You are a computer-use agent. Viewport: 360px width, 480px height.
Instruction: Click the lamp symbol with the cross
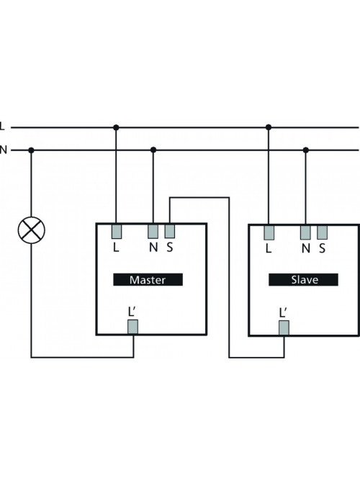click(x=31, y=230)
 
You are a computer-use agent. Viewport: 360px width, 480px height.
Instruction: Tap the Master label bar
click(x=148, y=279)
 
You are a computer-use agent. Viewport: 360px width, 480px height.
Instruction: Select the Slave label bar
click(x=303, y=279)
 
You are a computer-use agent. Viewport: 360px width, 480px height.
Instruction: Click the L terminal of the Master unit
click(x=117, y=232)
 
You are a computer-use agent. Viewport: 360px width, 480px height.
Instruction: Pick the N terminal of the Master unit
click(x=153, y=232)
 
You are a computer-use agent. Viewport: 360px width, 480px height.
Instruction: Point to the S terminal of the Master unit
click(x=170, y=232)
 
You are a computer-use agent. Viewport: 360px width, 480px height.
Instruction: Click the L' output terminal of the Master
click(x=132, y=327)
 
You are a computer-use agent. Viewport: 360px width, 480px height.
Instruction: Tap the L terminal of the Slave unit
click(x=269, y=232)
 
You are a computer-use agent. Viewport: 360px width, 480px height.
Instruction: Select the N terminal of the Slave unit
click(x=305, y=232)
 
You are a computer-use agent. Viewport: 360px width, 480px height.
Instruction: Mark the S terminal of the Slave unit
click(x=323, y=232)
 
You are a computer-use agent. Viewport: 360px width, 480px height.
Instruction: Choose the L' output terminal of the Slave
click(x=284, y=328)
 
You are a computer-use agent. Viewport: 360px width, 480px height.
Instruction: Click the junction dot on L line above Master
click(x=116, y=127)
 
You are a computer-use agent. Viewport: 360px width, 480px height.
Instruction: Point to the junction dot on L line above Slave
click(x=269, y=127)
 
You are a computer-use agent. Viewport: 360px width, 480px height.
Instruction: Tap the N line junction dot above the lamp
click(x=31, y=150)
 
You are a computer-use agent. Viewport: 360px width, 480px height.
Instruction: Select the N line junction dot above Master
click(x=153, y=150)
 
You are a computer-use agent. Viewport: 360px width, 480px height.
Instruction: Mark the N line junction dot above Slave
click(x=306, y=150)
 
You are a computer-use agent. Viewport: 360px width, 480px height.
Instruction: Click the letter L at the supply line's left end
click(x=2, y=126)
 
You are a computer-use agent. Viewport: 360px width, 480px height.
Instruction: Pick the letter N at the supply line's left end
click(x=3, y=150)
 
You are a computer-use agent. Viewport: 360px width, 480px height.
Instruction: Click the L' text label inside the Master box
click(x=132, y=312)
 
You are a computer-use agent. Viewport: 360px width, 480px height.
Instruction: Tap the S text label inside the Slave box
click(x=322, y=248)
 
